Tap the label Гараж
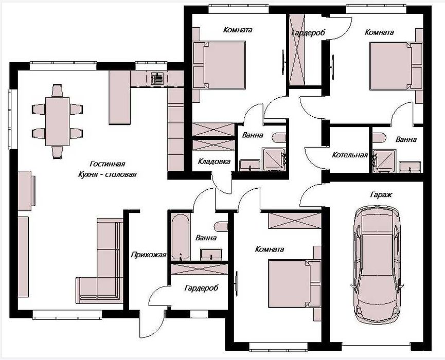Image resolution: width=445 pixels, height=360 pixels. pos(381,194)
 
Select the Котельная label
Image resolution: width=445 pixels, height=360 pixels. pos(350,155)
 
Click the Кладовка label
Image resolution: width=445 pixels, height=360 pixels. pos(214,161)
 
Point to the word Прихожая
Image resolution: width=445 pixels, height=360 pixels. pos(149,255)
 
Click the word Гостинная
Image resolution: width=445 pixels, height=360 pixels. pos(108,164)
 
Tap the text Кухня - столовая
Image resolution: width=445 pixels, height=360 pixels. pos(108,174)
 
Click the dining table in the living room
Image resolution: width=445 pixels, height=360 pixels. pos(57,121)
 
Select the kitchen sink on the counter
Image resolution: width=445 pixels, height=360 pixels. pos(157,78)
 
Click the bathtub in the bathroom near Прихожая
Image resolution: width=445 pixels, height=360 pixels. pos(180,237)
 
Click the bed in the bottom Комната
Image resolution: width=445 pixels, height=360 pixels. pos(294,283)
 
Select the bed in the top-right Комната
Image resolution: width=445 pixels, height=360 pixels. pos(396,66)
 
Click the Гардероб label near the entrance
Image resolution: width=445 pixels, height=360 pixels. pos(202,288)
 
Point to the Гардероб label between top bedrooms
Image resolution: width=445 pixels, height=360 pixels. pos(308,32)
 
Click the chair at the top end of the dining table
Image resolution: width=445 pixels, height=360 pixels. pos(57,91)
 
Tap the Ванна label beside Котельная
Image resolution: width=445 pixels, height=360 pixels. pos(406,139)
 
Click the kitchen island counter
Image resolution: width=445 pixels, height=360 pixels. pos(120,97)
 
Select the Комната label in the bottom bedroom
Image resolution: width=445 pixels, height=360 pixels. pos(270,249)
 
